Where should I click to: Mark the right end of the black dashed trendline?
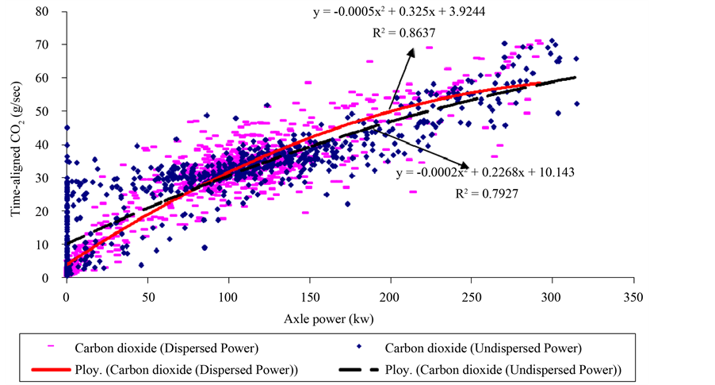tap(575, 77)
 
